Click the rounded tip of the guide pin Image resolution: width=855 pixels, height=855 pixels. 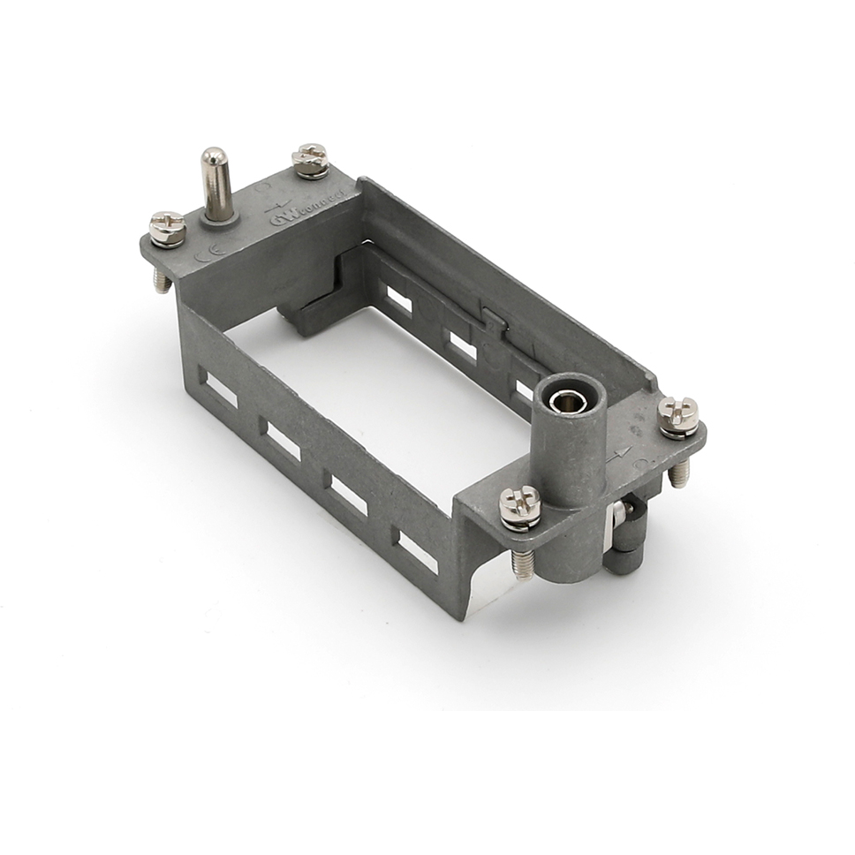(x=214, y=158)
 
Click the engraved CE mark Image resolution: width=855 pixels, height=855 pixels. (x=204, y=256)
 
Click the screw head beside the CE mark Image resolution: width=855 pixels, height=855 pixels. (x=167, y=229)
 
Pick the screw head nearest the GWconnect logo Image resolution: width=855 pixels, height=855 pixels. (x=311, y=160)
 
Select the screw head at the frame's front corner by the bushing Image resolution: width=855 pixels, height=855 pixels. (x=519, y=506)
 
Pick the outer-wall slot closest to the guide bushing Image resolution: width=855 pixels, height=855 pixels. (x=417, y=551)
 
